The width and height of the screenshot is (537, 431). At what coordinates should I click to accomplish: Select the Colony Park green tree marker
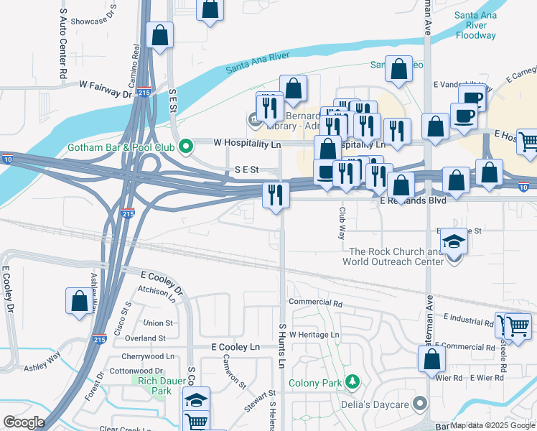click(x=352, y=382)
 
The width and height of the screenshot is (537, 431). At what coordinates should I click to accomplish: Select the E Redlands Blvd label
click(x=412, y=201)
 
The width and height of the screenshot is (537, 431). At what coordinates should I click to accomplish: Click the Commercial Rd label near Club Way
click(x=314, y=302)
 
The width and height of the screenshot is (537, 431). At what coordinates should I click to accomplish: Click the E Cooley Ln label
click(x=235, y=347)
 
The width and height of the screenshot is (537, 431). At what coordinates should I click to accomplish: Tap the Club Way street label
click(x=342, y=224)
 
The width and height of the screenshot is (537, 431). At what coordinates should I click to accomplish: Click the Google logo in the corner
click(x=24, y=422)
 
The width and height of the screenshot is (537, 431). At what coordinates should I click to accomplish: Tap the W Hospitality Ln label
click(x=247, y=142)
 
